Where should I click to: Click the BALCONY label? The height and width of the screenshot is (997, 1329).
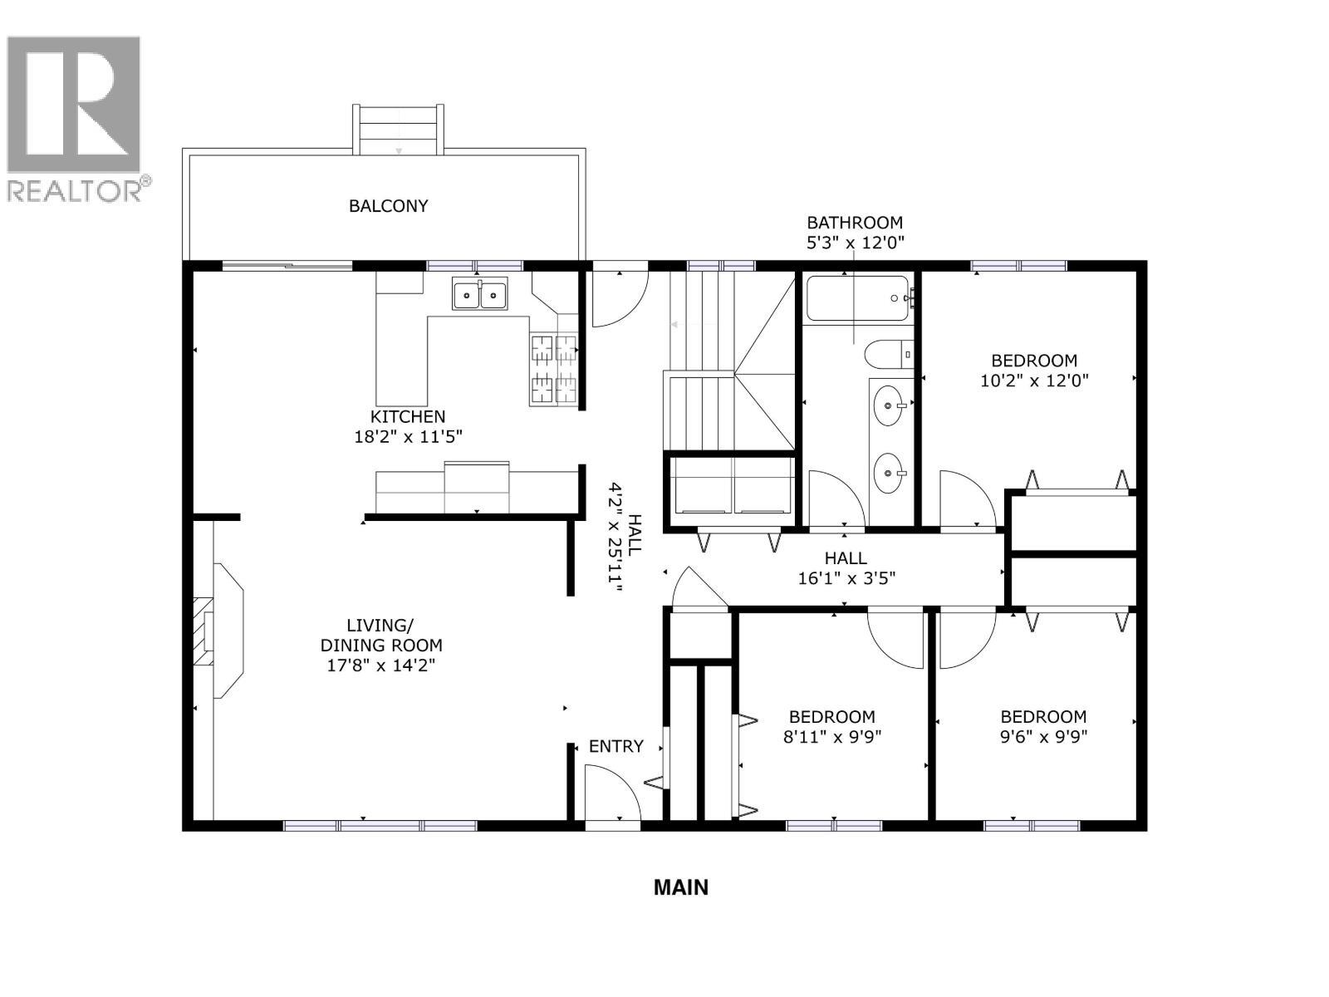pos(388,206)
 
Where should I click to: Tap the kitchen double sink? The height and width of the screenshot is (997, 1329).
pos(480,295)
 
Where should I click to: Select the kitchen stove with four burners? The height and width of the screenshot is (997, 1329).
pos(554,369)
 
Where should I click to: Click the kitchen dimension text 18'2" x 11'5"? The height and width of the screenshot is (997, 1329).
pos(408,437)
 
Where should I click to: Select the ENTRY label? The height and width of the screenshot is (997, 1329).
pos(615,746)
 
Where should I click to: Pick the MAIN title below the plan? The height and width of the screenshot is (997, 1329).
pos(681,887)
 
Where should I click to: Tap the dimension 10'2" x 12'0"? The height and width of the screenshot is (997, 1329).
pos(1034,381)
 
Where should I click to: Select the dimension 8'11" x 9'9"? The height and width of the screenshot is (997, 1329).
pos(831,736)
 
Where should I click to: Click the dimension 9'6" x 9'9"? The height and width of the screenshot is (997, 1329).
pos(1043,736)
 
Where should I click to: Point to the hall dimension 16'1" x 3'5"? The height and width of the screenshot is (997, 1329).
pos(846,578)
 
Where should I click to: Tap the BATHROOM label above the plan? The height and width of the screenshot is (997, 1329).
pos(855,223)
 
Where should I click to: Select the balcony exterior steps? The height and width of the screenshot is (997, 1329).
pos(398,130)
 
